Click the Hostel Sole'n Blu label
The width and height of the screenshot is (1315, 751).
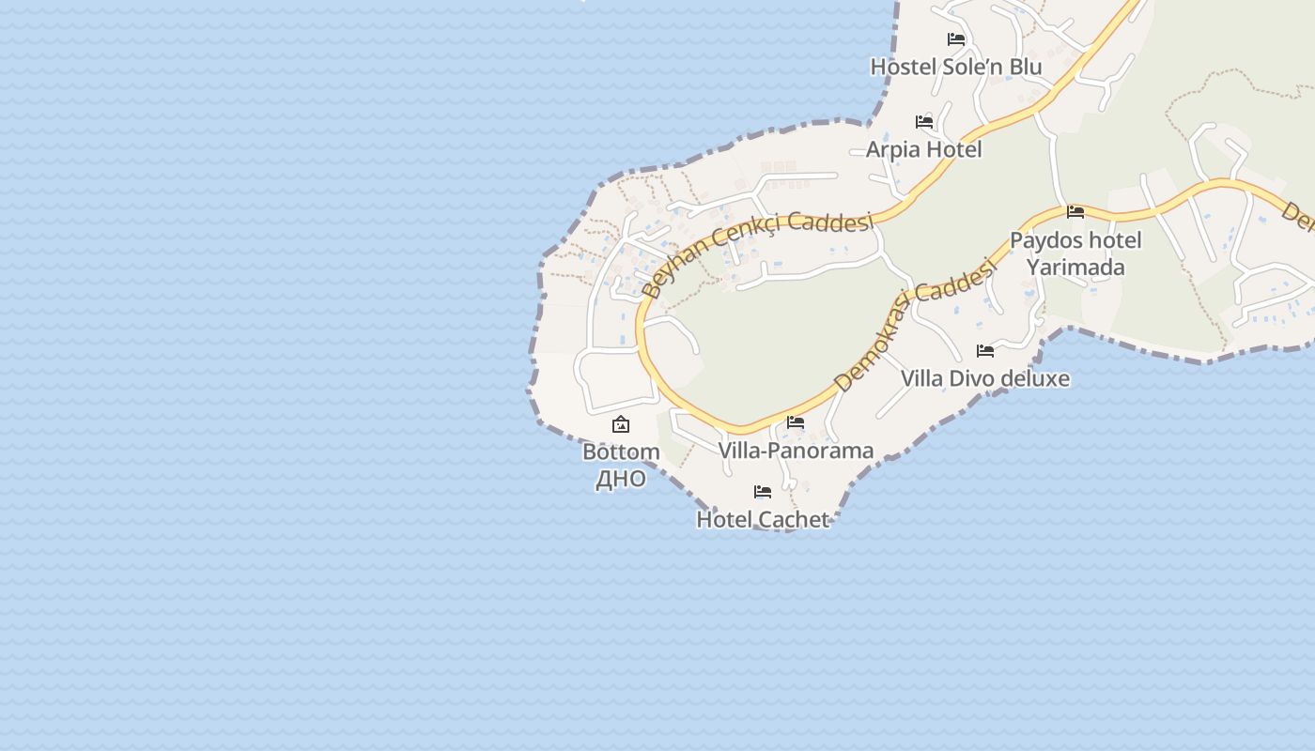pyautogui.click(x=956, y=67)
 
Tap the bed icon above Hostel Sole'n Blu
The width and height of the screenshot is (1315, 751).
pyautogui.click(x=956, y=39)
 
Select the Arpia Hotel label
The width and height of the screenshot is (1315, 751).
pyautogui.click(x=923, y=149)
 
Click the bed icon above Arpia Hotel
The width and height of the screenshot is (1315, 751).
pyautogui.click(x=924, y=122)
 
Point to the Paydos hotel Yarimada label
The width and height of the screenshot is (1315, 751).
pyautogui.click(x=1075, y=253)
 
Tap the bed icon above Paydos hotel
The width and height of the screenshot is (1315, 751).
pyautogui.click(x=1075, y=212)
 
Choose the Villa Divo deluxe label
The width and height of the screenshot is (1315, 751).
pyautogui.click(x=984, y=378)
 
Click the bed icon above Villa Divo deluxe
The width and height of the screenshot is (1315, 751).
pyautogui.click(x=985, y=351)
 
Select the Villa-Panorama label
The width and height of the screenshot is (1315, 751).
pyautogui.click(x=796, y=451)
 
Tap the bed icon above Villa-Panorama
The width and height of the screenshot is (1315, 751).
pyautogui.click(x=796, y=422)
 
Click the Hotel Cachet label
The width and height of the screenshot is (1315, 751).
pyautogui.click(x=763, y=519)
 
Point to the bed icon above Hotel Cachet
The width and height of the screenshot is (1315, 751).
pyautogui.click(x=763, y=492)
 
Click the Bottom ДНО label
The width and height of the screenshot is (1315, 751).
pyautogui.click(x=621, y=465)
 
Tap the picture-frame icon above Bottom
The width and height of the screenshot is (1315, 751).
pyautogui.click(x=621, y=425)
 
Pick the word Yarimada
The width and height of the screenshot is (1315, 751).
pyautogui.click(x=1075, y=268)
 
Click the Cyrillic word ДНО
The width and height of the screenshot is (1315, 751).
pyautogui.click(x=621, y=479)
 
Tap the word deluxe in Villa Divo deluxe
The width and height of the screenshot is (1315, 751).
pyautogui.click(x=1032, y=378)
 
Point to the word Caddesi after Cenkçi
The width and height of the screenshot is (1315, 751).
pyautogui.click(x=831, y=222)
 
